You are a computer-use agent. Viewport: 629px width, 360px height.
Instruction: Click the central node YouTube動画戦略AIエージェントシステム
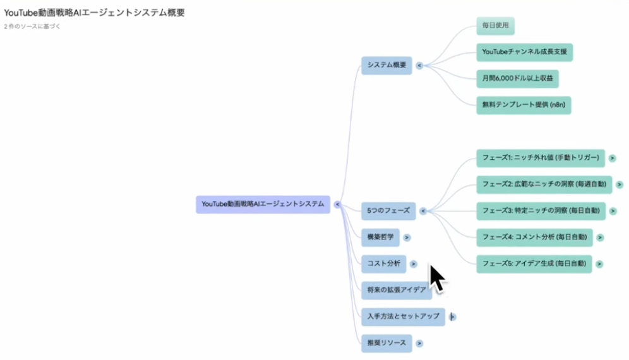click(263, 204)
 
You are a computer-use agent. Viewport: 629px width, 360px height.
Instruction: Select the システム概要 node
click(386, 65)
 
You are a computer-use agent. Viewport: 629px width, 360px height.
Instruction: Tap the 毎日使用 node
click(495, 26)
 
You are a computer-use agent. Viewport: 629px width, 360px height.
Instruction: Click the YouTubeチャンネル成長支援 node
click(524, 52)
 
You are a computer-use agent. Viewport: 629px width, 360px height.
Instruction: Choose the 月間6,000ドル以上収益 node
click(518, 78)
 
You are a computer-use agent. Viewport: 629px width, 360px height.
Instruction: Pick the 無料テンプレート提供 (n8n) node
click(524, 105)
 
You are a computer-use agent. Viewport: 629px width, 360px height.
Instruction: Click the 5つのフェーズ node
click(388, 211)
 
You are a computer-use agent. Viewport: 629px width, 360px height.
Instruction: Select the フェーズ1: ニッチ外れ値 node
click(541, 158)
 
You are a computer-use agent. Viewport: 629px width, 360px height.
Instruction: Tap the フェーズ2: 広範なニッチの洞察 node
click(544, 184)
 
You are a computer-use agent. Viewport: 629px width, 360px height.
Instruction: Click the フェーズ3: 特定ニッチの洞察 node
click(541, 210)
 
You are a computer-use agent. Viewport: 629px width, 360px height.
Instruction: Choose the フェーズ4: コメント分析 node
click(534, 237)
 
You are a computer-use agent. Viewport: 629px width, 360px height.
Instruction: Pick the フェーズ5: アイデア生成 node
click(534, 263)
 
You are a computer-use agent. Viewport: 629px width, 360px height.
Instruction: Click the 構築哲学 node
click(380, 237)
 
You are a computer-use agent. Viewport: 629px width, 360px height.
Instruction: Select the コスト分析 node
click(383, 264)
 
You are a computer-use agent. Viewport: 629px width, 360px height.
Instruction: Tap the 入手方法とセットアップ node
click(403, 316)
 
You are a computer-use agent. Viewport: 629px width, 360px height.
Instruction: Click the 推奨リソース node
click(386, 343)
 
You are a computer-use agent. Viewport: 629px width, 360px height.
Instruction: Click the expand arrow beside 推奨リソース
click(419, 344)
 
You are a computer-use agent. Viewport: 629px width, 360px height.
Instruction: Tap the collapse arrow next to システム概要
click(419, 65)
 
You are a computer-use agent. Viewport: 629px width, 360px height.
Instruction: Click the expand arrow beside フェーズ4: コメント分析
click(600, 237)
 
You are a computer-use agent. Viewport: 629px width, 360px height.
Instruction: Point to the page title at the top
click(95, 13)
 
